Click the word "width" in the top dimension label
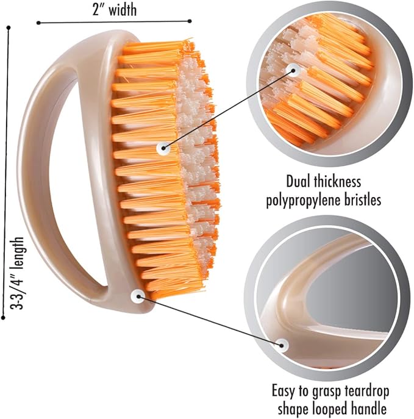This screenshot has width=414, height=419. pos(123,10)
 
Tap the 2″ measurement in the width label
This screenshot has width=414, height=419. pos(98,10)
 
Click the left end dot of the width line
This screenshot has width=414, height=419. pos(38,23)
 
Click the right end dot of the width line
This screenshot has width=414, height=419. pos(190,21)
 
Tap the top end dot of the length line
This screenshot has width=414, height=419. pos(9,27)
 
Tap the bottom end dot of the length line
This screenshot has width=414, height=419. pos(3,318)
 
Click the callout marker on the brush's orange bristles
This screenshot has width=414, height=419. pos(163,148)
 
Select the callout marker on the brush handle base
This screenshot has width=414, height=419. pos(138,296)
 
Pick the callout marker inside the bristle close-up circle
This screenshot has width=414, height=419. pos(293,71)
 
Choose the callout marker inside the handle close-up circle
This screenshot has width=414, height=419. pos(282,345)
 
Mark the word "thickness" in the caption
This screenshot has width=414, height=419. pos(337,181)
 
